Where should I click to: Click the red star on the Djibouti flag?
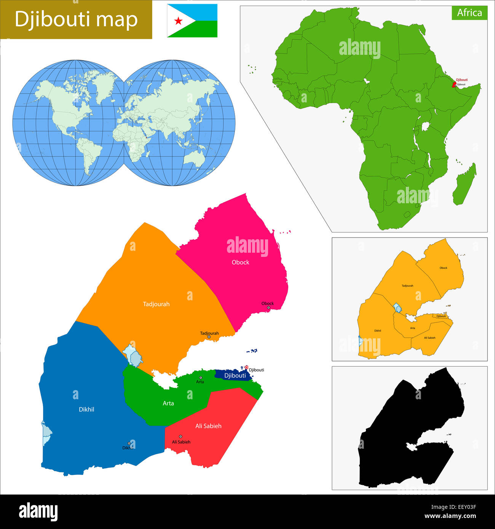(178, 21)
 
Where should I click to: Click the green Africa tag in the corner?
(469, 13)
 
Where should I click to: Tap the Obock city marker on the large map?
(268, 308)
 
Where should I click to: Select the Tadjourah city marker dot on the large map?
(209, 337)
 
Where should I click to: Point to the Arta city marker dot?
(201, 378)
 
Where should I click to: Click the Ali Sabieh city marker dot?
(180, 437)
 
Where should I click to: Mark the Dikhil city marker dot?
(129, 443)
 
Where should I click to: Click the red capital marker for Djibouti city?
(246, 368)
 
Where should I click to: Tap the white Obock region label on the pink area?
(240, 262)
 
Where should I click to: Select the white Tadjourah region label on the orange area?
(156, 304)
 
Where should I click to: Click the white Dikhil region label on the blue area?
(86, 409)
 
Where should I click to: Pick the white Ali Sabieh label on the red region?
(208, 426)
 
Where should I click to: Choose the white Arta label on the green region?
(168, 403)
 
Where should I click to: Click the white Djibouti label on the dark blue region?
(235, 376)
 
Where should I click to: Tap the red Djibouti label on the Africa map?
(461, 80)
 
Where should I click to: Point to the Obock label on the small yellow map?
(443, 268)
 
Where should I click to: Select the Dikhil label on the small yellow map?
(377, 331)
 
